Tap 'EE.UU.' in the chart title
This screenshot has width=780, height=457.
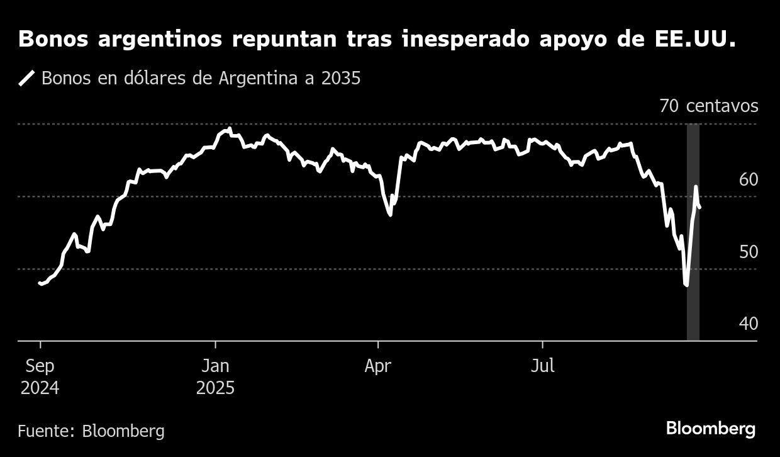[x=704, y=40]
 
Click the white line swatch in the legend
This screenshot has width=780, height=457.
[x=27, y=78]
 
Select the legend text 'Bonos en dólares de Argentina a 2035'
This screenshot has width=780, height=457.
[x=201, y=78]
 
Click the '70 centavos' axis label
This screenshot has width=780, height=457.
[x=709, y=106]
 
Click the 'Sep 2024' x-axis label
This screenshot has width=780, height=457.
[x=40, y=376]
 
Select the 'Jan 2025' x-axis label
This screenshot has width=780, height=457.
[x=215, y=376]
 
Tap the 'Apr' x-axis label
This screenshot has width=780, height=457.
[x=378, y=366]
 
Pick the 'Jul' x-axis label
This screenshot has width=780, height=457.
[x=542, y=366]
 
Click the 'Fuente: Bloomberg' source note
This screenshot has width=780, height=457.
[x=91, y=431]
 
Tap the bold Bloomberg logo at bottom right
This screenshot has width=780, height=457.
[x=711, y=429]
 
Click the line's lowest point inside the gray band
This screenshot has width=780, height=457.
[x=686, y=285]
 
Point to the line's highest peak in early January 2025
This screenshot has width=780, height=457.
[x=230, y=129]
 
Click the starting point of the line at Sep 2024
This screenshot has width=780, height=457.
[x=40, y=283]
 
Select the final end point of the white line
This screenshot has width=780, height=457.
[x=700, y=207]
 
